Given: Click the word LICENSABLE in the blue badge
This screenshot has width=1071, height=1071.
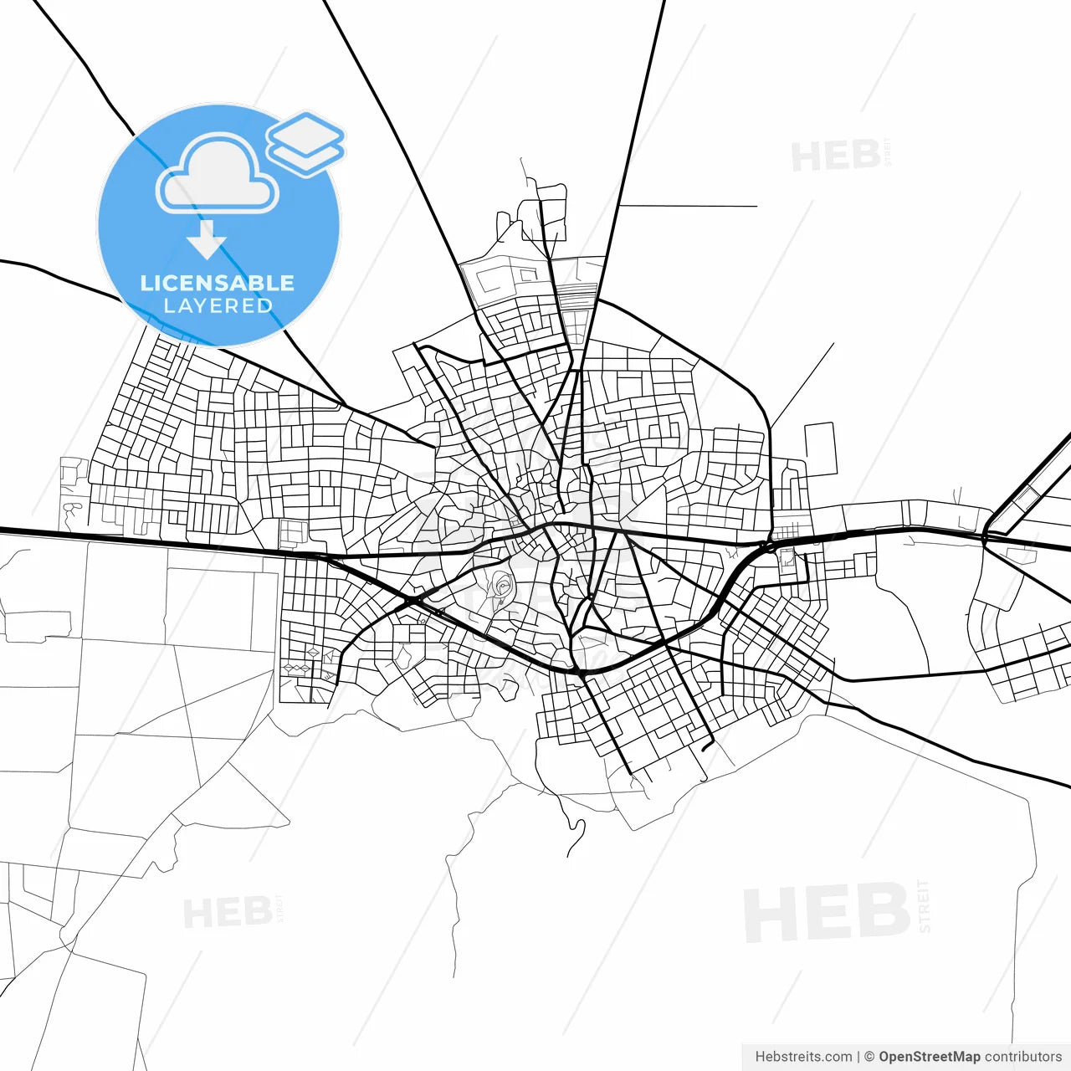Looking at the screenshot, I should [218, 283].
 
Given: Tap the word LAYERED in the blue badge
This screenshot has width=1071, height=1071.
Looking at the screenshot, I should [218, 306].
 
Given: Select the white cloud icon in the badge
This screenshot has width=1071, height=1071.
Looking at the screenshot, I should [218, 175].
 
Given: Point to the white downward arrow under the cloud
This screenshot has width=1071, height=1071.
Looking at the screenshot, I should [207, 240].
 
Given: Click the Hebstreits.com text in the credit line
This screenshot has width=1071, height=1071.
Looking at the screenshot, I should [803, 1057].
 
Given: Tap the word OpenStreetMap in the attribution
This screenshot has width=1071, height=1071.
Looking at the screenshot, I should [929, 1057].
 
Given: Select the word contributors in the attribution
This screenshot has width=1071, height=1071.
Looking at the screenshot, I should [1022, 1057].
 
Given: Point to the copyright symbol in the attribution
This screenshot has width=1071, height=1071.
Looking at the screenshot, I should [869, 1057].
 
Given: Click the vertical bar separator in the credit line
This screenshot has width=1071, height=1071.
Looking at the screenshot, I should [858, 1057].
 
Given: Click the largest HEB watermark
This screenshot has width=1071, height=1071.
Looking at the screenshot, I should [826, 913].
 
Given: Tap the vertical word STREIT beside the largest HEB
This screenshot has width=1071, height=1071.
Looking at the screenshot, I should [924, 906].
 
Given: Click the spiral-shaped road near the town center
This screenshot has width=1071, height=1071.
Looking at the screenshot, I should [502, 583].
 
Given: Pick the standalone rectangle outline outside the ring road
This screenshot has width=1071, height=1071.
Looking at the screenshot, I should [820, 449].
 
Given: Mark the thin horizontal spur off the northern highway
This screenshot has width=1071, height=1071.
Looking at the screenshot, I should [688, 206].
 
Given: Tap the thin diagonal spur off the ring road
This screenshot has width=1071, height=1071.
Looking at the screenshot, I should [802, 385].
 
